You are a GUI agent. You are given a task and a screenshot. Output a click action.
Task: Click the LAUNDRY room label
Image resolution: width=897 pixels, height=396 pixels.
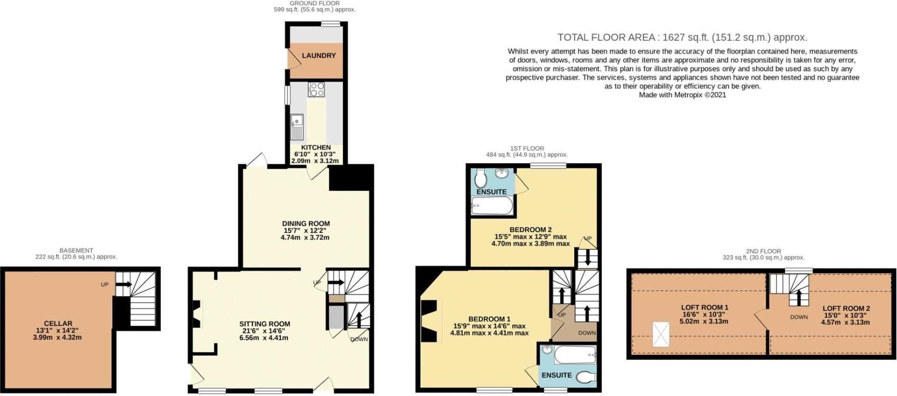[319, 56]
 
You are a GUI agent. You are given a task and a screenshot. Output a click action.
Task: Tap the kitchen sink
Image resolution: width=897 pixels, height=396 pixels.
[297, 127]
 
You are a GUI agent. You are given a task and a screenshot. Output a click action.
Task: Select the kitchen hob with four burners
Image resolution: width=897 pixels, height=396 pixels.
[316, 89]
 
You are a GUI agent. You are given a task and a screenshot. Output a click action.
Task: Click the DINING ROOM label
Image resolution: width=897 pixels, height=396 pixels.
[306, 224]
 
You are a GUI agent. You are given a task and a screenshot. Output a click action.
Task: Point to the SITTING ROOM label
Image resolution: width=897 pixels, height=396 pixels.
[264, 324]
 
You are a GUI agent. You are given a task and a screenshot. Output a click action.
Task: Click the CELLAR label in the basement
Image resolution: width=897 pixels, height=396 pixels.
[58, 323]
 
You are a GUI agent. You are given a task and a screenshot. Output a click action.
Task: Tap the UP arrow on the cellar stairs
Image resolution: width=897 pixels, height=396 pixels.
[124, 284]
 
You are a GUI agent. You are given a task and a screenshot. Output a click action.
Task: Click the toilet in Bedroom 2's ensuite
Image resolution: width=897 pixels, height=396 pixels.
[481, 178]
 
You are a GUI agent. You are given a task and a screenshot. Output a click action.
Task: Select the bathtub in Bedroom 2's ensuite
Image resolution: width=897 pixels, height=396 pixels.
[492, 205]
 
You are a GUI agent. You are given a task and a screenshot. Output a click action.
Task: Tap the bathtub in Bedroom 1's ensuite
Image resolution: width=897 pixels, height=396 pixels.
[575, 355]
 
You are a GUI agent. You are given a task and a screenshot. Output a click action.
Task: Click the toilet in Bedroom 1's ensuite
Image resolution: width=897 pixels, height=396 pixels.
[586, 376]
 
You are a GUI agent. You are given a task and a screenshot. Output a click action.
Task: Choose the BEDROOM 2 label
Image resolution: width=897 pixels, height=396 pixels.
[530, 230]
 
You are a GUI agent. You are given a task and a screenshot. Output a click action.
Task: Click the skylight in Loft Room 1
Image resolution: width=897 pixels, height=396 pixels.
[660, 334]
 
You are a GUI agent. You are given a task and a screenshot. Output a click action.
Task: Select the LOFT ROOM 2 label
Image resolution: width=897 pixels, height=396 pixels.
[846, 308]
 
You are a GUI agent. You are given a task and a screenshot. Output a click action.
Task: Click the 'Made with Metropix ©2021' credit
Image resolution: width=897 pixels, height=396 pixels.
[682, 95]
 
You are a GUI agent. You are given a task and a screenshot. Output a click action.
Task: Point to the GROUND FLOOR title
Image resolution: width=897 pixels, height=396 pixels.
[314, 3]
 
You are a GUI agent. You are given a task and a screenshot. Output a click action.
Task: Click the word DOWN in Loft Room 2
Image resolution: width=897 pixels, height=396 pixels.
[799, 317]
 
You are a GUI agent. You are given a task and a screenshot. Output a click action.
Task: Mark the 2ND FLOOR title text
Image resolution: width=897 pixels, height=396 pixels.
[763, 251]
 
